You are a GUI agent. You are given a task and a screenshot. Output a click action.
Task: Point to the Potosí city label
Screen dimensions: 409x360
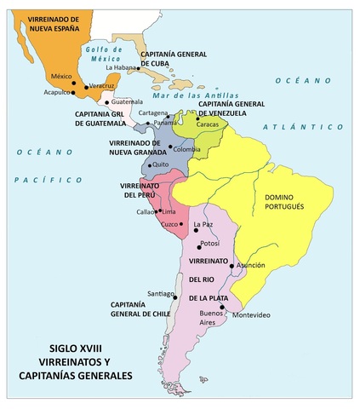pyautogui.click(x=209, y=243)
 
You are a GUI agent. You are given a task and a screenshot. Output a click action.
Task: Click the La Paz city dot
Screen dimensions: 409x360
pyautogui.click(x=191, y=226)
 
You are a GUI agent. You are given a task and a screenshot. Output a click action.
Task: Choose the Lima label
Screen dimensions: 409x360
pyautogui.click(x=169, y=210)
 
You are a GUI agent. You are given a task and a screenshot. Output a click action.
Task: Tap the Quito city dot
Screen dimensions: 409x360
pyautogui.click(x=147, y=164)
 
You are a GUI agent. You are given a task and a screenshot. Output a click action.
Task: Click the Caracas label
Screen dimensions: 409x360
pyautogui.click(x=208, y=124)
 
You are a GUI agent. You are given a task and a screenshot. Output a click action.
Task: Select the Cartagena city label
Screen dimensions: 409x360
pyautogui.click(x=153, y=112)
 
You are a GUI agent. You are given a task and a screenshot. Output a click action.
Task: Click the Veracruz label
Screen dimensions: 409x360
pyautogui.click(x=101, y=86)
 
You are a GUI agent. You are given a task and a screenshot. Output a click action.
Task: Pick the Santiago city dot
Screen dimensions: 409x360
pyautogui.click(x=175, y=297)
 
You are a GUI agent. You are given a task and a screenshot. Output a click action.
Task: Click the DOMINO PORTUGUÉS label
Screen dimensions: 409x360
pyautogui.click(x=291, y=202)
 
